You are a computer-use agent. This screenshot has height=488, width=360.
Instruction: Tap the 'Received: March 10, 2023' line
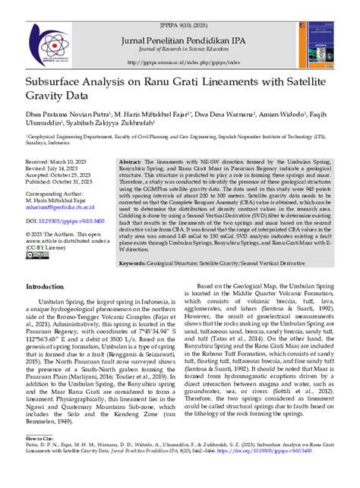click(x=60, y=163)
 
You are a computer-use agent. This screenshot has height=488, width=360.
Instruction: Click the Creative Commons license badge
click(x=36, y=255)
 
